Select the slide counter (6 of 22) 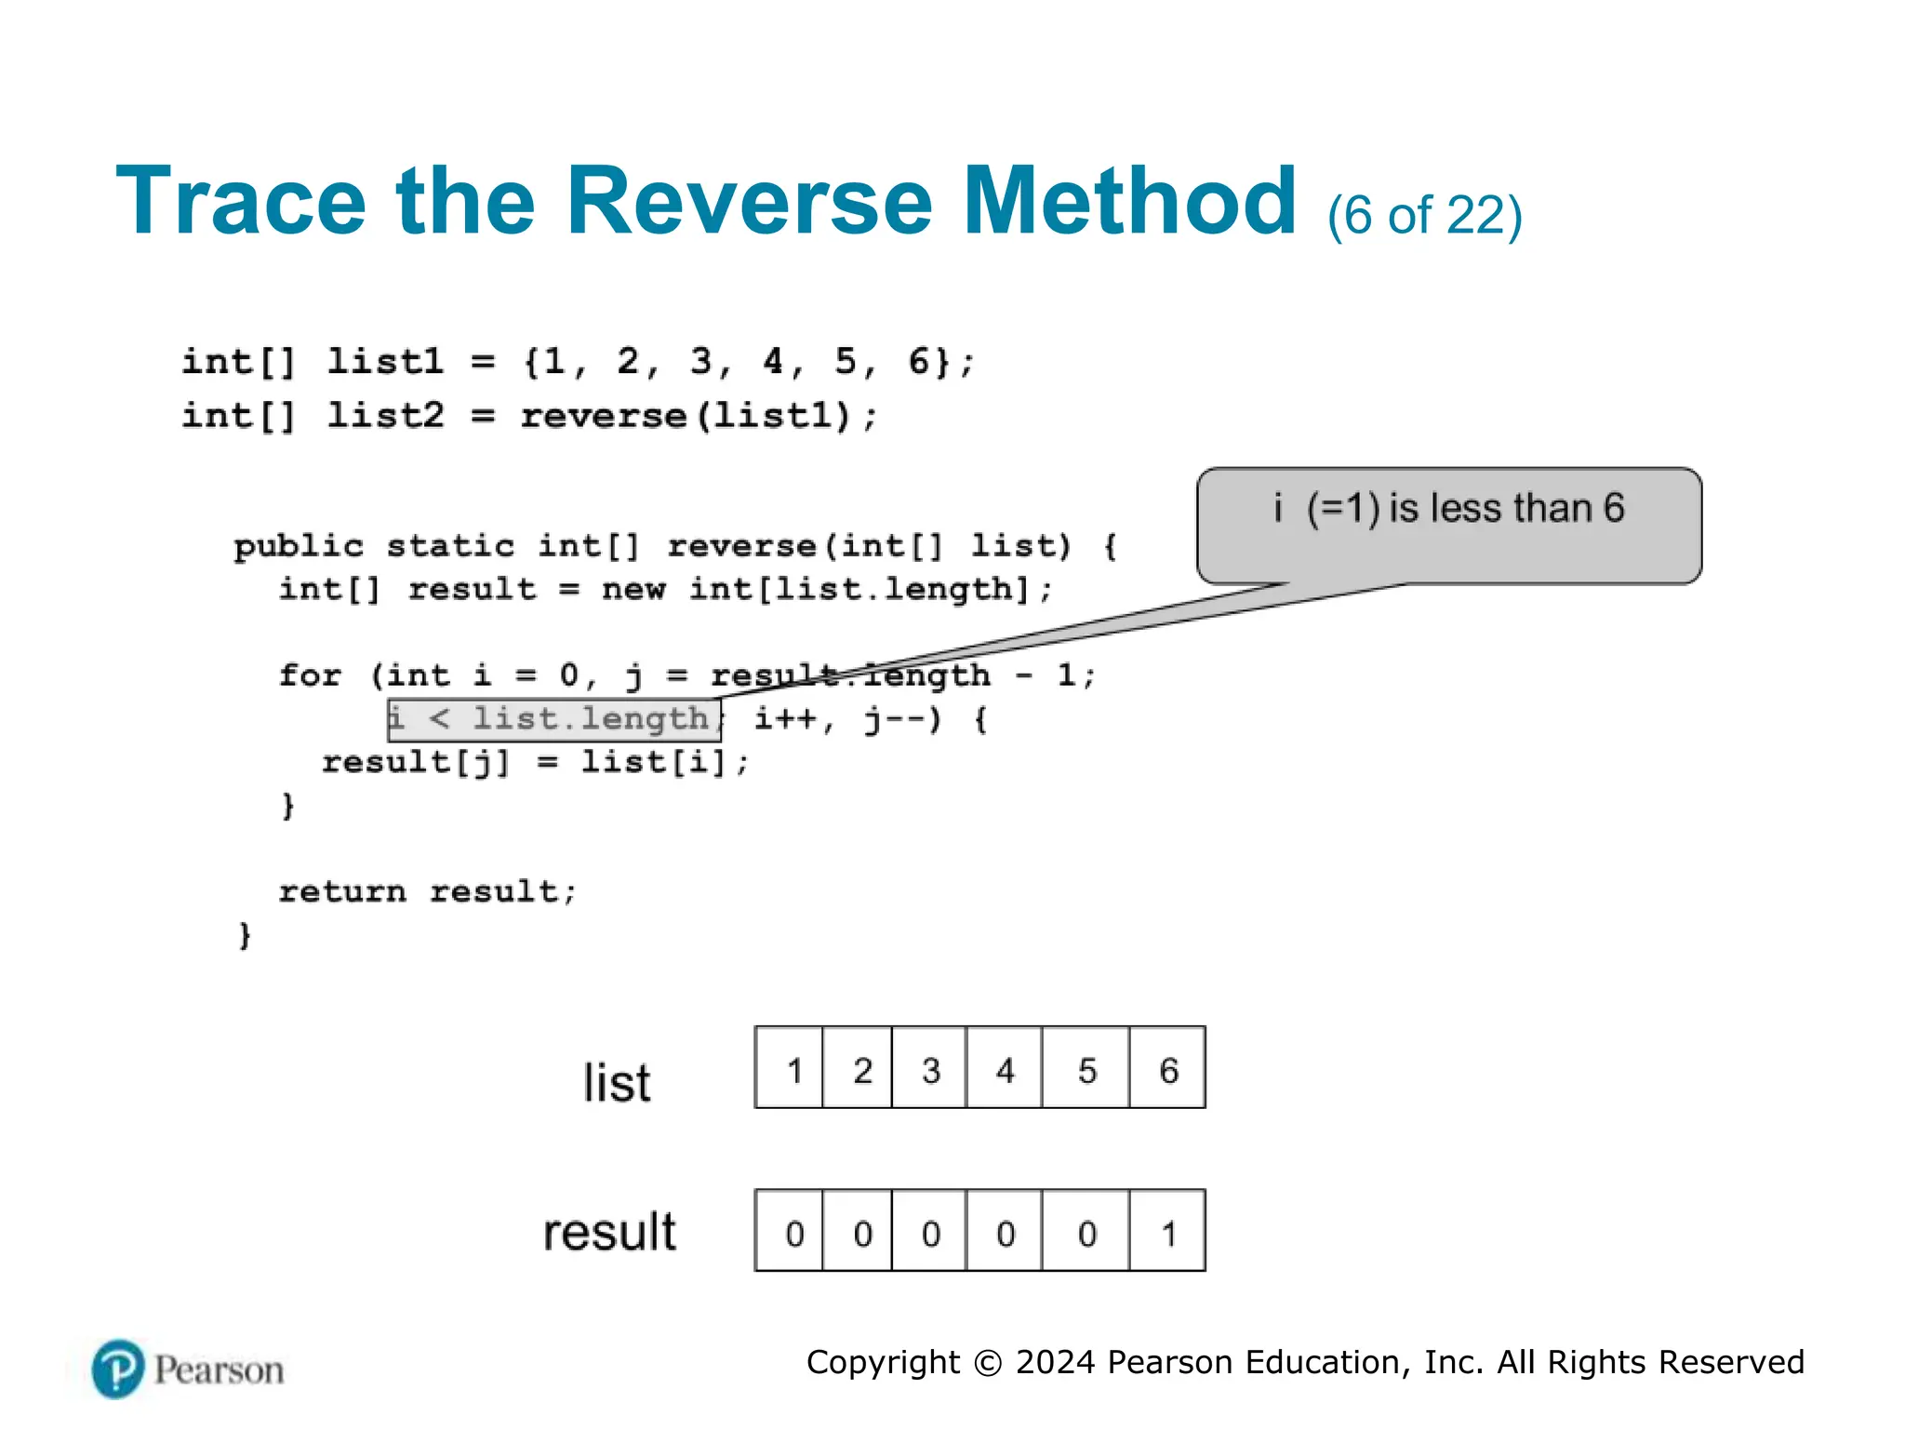tap(1424, 216)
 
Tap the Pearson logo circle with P tap(118, 1369)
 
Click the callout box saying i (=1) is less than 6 tap(1448, 525)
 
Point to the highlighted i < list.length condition tap(553, 720)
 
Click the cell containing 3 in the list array tap(930, 1069)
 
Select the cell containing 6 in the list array tap(1168, 1069)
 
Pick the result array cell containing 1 tap(1168, 1232)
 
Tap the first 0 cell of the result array tap(793, 1232)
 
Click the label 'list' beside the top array tap(617, 1083)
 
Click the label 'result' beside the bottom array tap(609, 1232)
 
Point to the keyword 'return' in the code tap(342, 892)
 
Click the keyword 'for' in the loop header tap(311, 675)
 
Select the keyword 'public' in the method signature tap(298, 546)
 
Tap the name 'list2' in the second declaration tap(386, 416)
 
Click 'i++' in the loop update tap(786, 719)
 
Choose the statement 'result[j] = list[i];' tap(535, 763)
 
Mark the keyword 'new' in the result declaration tap(633, 590)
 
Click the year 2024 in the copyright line tap(1055, 1362)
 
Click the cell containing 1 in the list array tap(793, 1069)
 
